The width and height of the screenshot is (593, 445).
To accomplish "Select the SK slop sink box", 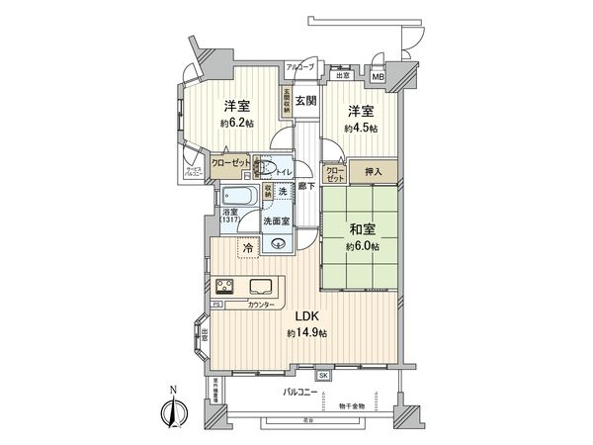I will point(323,376).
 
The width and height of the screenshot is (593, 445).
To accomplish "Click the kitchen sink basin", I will point(261,288).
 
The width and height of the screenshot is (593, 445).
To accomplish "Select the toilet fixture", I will point(262,168).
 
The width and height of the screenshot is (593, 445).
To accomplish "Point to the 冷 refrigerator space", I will point(247,248).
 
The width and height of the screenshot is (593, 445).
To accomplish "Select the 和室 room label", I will point(359,232).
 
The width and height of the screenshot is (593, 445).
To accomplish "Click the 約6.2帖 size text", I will point(236,123).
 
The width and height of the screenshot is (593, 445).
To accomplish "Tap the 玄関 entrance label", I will point(305,101).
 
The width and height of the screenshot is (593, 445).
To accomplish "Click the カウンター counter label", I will point(261,307).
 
